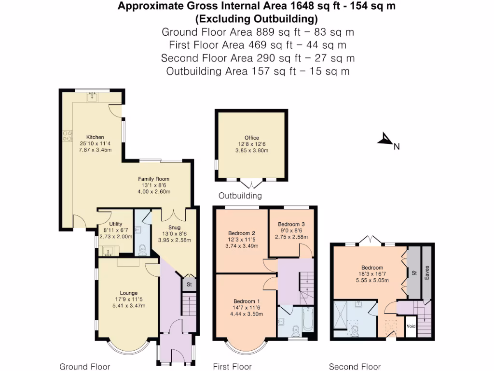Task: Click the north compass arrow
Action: tap(386, 140)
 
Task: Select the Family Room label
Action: tap(153, 179)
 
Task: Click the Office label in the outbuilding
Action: tap(251, 138)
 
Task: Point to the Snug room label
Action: tap(174, 228)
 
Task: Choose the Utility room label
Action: tap(115, 224)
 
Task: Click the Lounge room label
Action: tap(129, 293)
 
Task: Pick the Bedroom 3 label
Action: tap(292, 224)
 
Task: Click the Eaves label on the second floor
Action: tap(426, 272)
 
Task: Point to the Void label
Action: tap(411, 326)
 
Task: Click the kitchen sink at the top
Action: tap(92, 98)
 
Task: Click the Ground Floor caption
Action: tap(84, 367)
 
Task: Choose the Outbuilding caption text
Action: tap(240, 196)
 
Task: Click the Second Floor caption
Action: tap(355, 367)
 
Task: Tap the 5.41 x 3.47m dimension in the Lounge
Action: tap(129, 305)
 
